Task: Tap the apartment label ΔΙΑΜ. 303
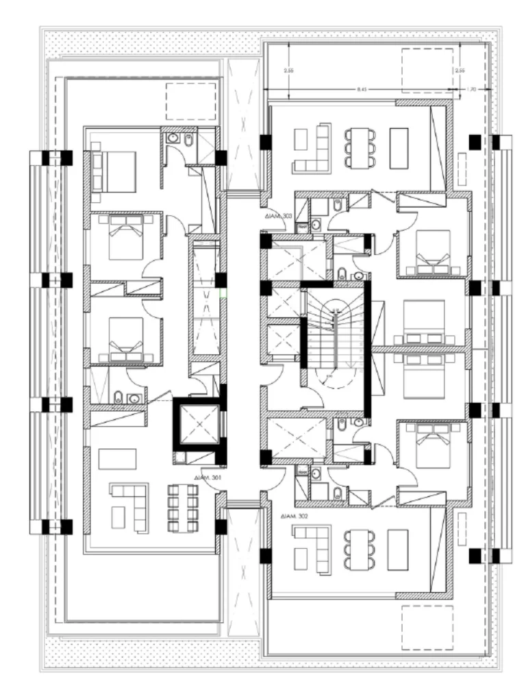(x=279, y=215)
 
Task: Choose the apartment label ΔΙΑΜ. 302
(x=295, y=512)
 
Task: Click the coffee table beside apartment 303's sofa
(x=302, y=139)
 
